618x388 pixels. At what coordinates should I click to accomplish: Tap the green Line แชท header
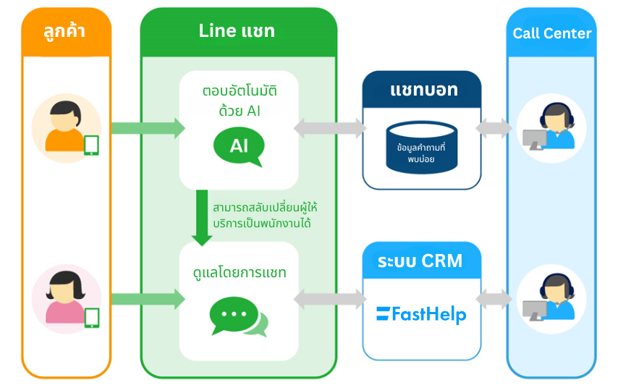[x=237, y=31]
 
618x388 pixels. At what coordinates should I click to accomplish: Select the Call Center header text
[x=552, y=33]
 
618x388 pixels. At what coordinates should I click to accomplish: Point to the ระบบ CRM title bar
[x=420, y=261]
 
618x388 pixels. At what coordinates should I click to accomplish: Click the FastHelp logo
[x=421, y=314]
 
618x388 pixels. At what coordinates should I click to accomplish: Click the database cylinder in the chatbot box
[x=421, y=148]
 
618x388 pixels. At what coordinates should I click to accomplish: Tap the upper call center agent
[x=551, y=128]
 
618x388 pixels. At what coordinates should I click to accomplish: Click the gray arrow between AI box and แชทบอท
[x=330, y=128]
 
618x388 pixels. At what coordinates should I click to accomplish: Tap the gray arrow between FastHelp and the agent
[x=494, y=298]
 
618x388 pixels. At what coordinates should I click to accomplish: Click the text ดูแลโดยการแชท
[x=239, y=273]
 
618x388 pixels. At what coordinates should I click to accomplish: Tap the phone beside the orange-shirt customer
[x=91, y=145]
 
